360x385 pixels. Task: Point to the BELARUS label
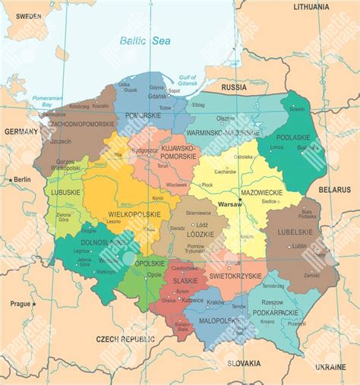334,188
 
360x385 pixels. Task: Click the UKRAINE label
330,367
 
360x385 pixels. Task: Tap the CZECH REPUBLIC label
125,338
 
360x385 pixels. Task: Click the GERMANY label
21,131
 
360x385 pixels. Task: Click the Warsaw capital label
229,205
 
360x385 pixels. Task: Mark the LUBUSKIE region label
66,192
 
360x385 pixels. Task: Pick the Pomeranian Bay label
44,101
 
